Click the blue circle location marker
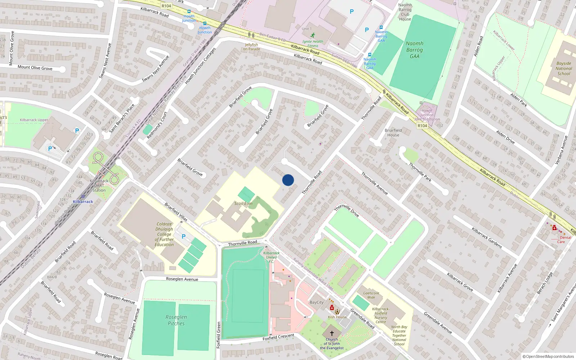[288, 180]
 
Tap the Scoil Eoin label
[243, 203]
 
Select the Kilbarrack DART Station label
[99, 185]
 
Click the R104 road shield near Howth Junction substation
[422, 126]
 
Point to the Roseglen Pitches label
[176, 320]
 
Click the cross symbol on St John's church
[332, 333]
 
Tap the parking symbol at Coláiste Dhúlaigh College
[184, 237]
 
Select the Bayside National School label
[564, 68]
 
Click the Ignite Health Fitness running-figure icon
[313, 35]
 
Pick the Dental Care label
[563, 239]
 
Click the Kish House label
[337, 317]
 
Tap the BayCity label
[317, 302]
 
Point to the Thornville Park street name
[420, 172]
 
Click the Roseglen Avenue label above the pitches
[182, 279]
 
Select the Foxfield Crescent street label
[278, 337]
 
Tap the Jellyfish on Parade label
[251, 47]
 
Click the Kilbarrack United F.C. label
[271, 257]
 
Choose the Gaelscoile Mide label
[371, 295]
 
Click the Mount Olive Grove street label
[35, 68]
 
